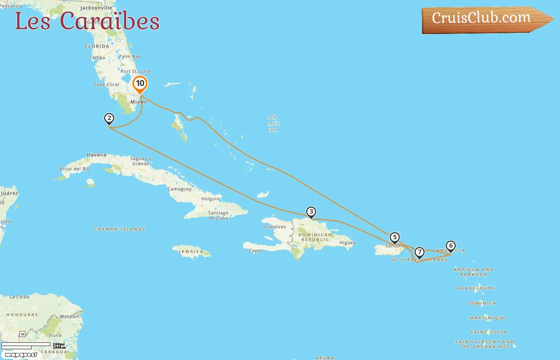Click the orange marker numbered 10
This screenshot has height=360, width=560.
click(140, 84)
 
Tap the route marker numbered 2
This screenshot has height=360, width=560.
click(109, 118)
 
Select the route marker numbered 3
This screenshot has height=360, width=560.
click(311, 212)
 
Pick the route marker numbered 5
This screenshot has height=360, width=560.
click(395, 238)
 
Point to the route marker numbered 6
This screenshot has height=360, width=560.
click(451, 246)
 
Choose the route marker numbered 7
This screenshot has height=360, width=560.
click(419, 252)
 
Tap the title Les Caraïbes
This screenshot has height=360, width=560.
click(87, 21)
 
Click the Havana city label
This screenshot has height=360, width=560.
click(97, 155)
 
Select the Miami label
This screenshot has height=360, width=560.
click(138, 102)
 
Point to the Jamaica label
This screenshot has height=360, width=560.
click(191, 252)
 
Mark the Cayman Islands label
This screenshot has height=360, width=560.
click(120, 229)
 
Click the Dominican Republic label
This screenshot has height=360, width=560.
click(315, 237)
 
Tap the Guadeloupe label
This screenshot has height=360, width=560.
click(476, 288)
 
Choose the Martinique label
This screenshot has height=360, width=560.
click(488, 318)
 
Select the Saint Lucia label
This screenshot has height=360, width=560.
click(488, 332)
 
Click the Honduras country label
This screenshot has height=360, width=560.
click(22, 315)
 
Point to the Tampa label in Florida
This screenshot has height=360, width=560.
click(97, 58)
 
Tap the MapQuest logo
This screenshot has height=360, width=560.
click(21, 355)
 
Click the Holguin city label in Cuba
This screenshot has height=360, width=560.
click(210, 199)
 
